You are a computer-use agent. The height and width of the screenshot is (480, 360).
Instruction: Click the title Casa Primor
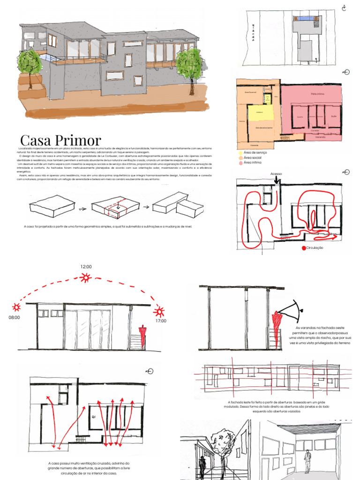60,140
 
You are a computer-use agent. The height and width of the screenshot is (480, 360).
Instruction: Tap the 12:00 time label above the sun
86,266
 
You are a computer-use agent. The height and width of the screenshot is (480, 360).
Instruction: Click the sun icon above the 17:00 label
159,311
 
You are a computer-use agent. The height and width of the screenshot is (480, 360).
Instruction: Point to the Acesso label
277,174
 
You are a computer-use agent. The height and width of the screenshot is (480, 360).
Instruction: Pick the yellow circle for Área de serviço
241,153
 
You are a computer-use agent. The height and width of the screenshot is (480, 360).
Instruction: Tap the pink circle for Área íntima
241,163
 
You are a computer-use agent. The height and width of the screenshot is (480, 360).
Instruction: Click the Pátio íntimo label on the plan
318,94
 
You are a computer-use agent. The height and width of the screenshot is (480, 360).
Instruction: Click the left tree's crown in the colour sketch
30,62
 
